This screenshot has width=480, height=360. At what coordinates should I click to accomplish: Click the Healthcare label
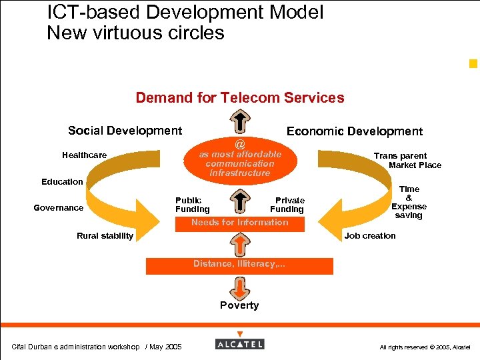click(84, 155)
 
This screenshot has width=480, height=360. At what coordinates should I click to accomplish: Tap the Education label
click(62, 181)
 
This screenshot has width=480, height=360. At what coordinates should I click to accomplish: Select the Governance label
click(59, 208)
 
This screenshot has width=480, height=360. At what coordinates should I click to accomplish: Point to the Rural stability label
click(105, 235)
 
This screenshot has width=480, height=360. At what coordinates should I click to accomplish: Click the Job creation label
click(370, 235)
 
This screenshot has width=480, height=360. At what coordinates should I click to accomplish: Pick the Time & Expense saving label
click(409, 202)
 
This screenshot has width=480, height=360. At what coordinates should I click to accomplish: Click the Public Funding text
click(192, 205)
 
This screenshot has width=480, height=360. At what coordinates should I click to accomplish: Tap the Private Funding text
click(288, 205)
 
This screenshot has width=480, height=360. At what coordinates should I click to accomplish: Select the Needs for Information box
click(239, 223)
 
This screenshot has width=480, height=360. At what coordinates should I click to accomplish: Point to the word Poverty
click(239, 305)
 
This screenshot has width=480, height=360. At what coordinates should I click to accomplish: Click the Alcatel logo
click(239, 343)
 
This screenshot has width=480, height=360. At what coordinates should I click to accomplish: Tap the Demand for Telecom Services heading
click(240, 98)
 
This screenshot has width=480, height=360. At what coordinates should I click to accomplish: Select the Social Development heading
click(125, 131)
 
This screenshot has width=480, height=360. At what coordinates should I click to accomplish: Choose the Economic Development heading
click(354, 131)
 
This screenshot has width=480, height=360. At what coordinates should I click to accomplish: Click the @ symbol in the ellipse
click(240, 144)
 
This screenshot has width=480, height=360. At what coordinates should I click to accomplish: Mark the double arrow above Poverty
click(239, 287)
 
